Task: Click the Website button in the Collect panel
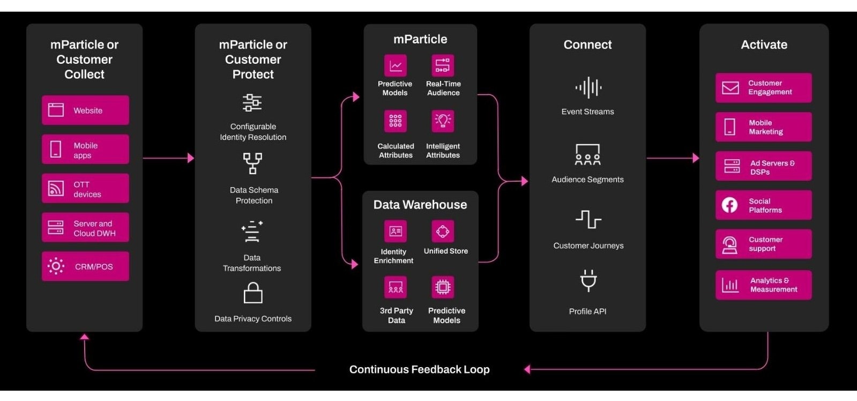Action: pos(85,110)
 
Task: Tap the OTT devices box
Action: pos(85,189)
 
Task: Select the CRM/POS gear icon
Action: pos(56,266)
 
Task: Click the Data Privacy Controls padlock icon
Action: pos(253,293)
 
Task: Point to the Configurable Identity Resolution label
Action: pos(253,132)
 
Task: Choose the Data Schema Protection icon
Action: pos(252,164)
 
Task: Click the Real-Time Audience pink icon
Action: pos(443,66)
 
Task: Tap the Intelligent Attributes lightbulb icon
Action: pos(443,121)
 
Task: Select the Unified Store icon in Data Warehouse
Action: pos(443,232)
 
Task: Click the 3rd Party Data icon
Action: pos(396,287)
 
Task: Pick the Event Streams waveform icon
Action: pos(588,87)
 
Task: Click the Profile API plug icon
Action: pos(588,280)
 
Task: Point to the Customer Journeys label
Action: pos(588,246)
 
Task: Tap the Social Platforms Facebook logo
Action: pos(729,205)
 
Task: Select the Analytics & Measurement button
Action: pos(763,285)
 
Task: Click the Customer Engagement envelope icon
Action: pos(730,87)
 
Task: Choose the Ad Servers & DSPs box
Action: pos(763,167)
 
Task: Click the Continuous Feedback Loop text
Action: pos(419,369)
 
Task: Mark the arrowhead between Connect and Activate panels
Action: pos(696,158)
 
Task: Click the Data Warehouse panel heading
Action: pos(420,205)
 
